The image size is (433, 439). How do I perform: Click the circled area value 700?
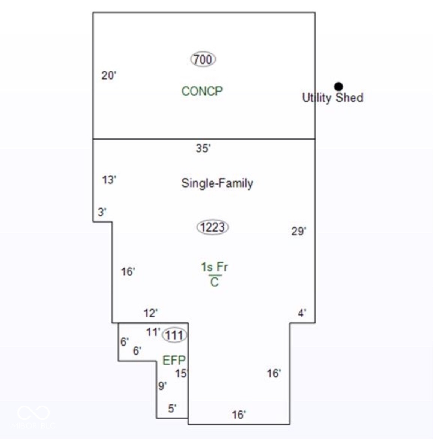[x=203, y=59]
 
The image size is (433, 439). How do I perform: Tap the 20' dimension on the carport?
[x=108, y=75]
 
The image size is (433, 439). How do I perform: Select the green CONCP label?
[x=202, y=91]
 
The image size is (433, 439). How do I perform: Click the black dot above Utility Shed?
[x=338, y=86]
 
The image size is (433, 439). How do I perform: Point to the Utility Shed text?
[x=333, y=98]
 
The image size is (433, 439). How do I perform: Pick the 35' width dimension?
[x=203, y=148]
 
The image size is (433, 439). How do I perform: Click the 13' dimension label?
[x=109, y=180]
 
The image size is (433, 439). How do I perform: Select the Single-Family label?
[x=217, y=183]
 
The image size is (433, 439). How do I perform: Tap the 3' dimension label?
[x=102, y=212]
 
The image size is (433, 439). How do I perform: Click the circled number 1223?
[x=213, y=227]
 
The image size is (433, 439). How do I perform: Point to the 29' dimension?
[x=299, y=231]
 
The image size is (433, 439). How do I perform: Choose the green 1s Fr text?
[x=214, y=267]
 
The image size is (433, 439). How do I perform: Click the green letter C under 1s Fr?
[x=214, y=282]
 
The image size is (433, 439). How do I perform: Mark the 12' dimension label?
[x=150, y=313]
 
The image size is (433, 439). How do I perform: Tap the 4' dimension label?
[x=302, y=313]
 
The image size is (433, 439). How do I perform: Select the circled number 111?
[x=174, y=335]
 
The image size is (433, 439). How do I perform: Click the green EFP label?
[x=174, y=360]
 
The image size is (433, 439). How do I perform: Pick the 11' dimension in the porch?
[x=153, y=332]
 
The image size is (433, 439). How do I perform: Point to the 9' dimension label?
[x=162, y=386]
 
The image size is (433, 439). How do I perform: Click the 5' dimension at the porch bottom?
[x=173, y=409]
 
